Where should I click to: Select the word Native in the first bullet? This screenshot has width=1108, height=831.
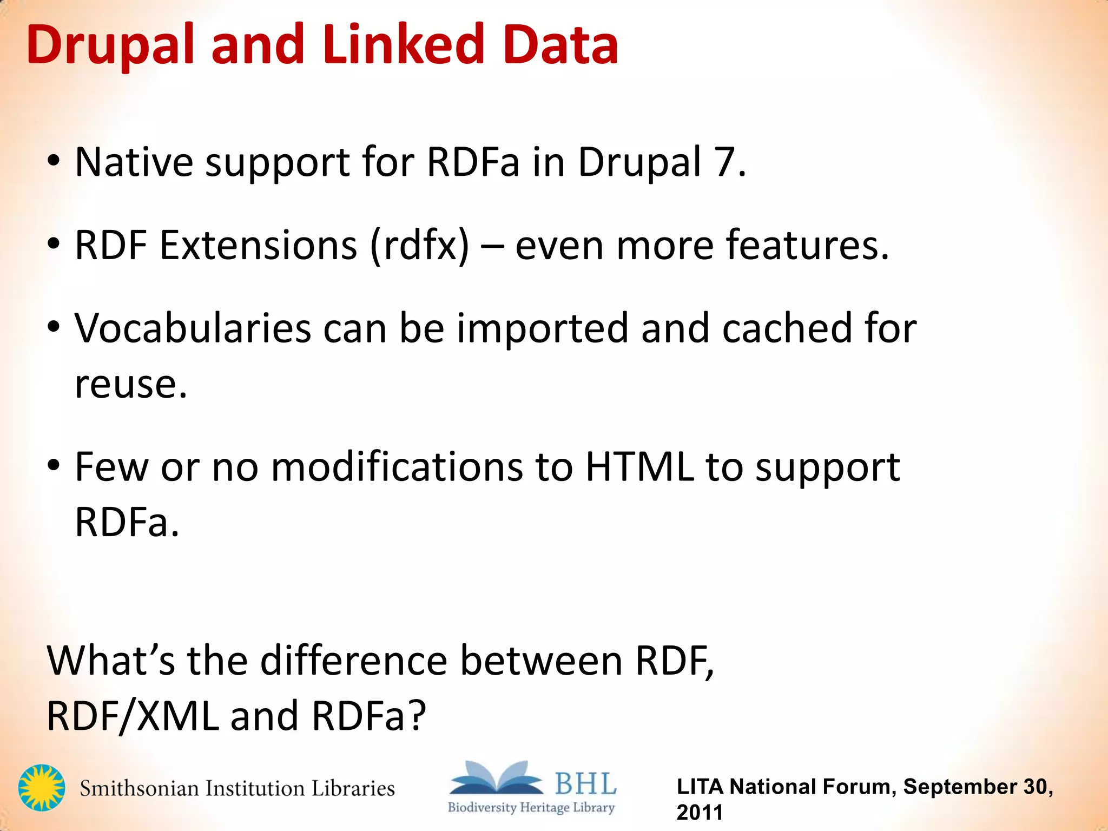click(x=134, y=162)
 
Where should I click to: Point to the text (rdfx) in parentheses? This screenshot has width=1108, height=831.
click(x=419, y=246)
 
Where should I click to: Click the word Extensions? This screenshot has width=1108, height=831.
click(x=258, y=246)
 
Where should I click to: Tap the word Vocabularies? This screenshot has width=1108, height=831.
click(x=192, y=328)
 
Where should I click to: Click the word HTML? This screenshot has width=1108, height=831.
click(x=639, y=467)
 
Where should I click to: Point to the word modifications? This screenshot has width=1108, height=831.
click(x=397, y=467)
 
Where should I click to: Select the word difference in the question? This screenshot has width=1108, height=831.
click(x=354, y=661)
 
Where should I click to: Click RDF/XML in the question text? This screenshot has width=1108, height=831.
click(x=133, y=716)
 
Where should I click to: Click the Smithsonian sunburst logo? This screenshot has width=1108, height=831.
click(x=41, y=787)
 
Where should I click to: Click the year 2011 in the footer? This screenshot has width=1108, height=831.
click(x=700, y=813)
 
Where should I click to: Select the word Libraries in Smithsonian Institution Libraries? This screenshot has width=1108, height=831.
click(x=353, y=788)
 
